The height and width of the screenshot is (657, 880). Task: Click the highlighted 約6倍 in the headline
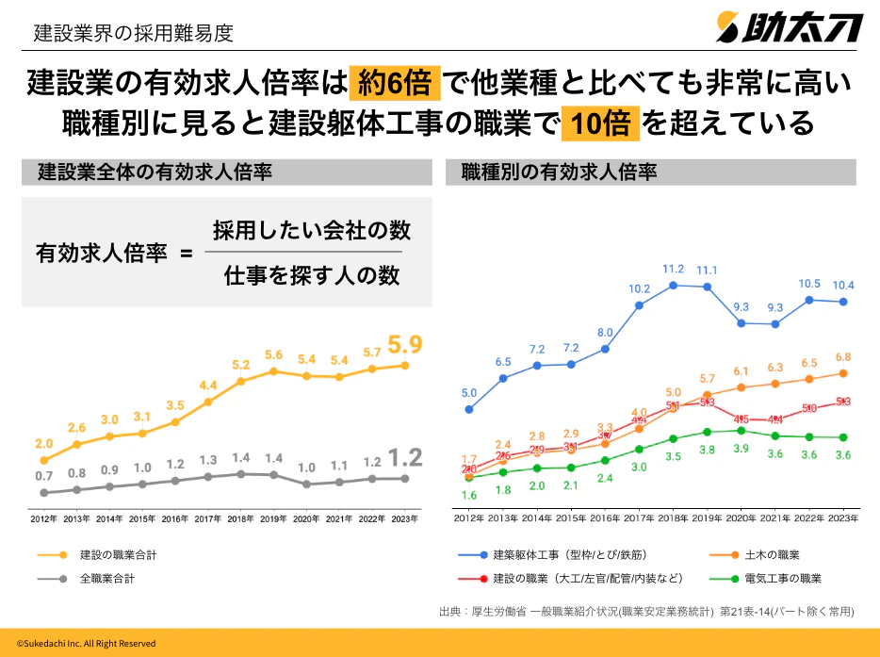(394, 85)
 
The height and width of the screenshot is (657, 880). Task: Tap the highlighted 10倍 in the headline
(599, 123)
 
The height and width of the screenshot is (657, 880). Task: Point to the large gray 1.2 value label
(406, 458)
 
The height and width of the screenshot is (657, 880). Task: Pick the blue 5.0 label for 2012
(469, 392)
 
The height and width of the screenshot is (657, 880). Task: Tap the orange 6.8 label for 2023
(842, 357)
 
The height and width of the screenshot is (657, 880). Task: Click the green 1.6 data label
(469, 495)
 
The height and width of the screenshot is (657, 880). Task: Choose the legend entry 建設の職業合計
(118, 555)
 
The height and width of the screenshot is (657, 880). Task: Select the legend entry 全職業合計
(106, 578)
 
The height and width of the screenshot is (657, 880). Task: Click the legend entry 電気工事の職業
(783, 578)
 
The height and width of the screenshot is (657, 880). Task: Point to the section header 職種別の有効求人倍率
(559, 172)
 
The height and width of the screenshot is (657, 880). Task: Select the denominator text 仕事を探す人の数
(312, 275)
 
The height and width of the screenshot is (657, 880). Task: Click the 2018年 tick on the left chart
(240, 518)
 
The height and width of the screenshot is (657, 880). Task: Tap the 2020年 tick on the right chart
(741, 518)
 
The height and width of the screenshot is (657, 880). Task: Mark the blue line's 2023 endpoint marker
(843, 303)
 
